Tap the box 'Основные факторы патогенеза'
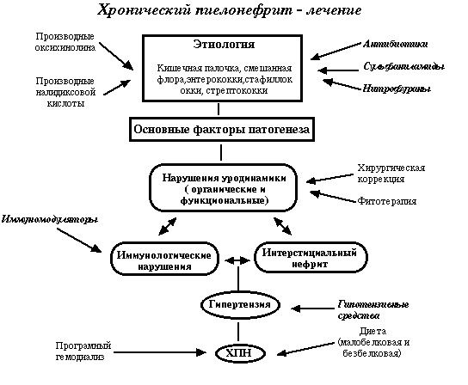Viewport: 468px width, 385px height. tap(221, 130)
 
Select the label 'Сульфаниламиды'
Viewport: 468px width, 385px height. tap(403, 64)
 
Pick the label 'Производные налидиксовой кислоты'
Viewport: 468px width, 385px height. tap(65, 90)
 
